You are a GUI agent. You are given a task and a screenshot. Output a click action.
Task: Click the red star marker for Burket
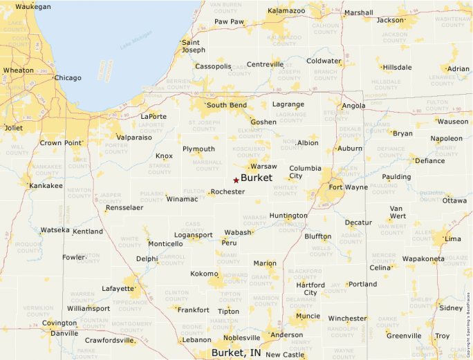click(236, 180)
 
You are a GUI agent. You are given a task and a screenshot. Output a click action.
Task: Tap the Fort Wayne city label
click(348, 187)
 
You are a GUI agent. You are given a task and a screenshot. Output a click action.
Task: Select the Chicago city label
click(68, 78)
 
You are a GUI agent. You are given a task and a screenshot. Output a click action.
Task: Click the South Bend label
click(226, 105)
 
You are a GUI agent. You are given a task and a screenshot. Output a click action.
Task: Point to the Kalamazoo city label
click(286, 11)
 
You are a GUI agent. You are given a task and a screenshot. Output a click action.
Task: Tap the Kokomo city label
click(204, 274)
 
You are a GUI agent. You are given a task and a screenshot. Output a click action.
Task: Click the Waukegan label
click(33, 6)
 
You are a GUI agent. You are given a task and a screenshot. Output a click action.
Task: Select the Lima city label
click(453, 238)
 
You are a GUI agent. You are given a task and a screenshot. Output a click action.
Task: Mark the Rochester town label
click(228, 191)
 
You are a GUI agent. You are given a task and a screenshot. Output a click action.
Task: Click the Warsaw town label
click(263, 167)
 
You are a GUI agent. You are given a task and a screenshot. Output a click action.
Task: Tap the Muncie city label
click(307, 316)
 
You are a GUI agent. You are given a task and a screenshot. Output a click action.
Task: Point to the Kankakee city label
click(46, 186)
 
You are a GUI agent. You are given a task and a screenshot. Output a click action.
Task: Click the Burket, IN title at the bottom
click(236, 353)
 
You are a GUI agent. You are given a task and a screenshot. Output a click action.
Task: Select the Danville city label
click(64, 333)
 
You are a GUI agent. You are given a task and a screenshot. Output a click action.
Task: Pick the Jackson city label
click(390, 20)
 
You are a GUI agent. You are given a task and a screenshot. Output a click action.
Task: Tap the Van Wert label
click(397, 212)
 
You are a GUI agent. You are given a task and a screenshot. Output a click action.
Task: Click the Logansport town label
click(193, 235)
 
